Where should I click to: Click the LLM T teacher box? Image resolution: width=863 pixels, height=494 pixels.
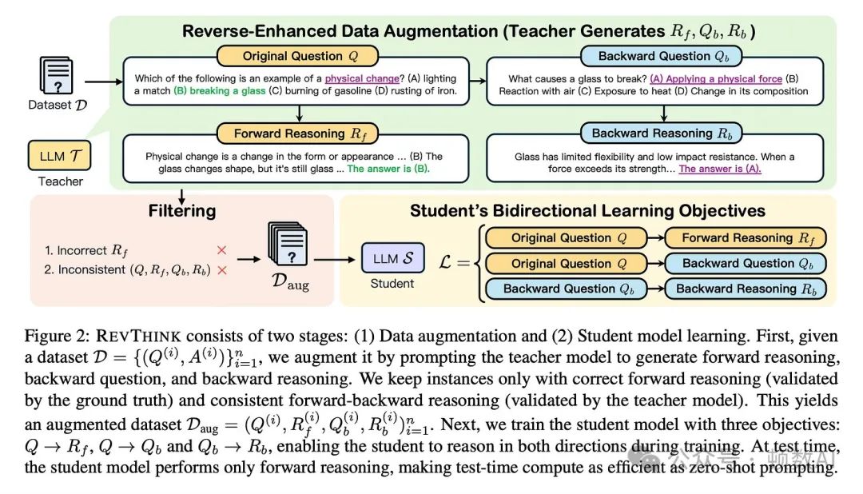click(59, 155)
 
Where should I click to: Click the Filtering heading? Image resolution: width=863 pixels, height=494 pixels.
click(181, 211)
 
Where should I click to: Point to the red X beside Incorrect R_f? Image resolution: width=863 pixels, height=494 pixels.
click(222, 250)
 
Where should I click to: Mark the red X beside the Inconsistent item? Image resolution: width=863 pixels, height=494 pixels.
click(222, 270)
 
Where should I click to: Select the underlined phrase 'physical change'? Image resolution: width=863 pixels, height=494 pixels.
click(362, 78)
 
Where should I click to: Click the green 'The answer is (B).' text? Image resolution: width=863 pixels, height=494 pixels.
click(387, 169)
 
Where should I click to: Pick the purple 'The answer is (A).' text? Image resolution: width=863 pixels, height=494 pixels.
click(719, 169)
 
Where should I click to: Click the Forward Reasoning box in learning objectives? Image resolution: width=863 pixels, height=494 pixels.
click(744, 237)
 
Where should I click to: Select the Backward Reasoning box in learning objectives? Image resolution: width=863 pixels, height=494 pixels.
click(745, 289)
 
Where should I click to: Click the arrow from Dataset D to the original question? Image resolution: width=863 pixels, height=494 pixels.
click(99, 81)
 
